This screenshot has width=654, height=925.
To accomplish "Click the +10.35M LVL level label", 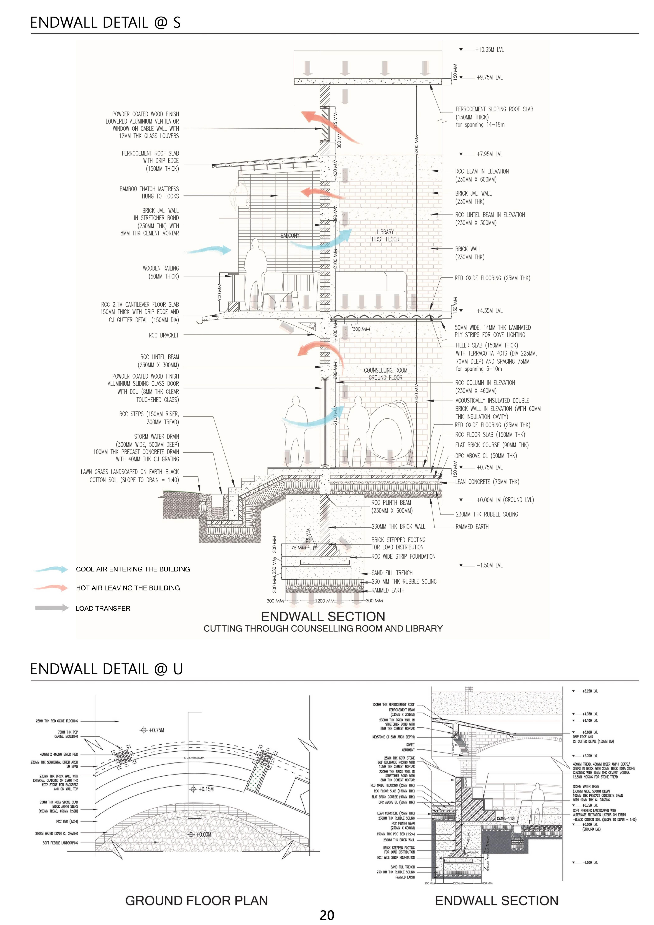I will coord(489,50).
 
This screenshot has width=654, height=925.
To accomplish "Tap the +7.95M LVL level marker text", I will coord(489,154).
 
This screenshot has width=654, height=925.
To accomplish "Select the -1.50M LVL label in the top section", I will coord(489,565).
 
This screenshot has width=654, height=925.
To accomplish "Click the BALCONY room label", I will coord(290,236).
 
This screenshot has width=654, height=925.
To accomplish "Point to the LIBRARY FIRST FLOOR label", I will coord(385,236).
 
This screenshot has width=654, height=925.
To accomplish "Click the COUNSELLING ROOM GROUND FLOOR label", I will coord(385,374).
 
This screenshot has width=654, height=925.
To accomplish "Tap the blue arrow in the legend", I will coord(51,569).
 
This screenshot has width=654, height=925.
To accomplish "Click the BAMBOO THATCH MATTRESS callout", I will coord(149,193).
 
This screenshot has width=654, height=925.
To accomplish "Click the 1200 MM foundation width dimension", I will coord(325,601).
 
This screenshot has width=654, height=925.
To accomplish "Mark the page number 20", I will coord(327,915).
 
